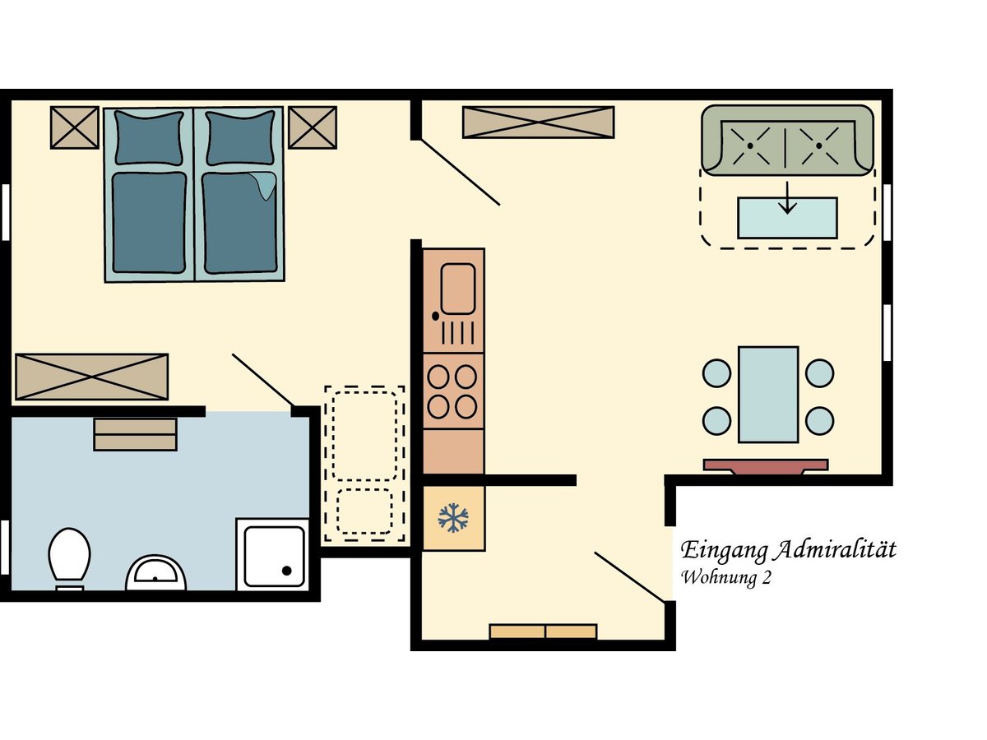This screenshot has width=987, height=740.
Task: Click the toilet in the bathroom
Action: pos(69,558)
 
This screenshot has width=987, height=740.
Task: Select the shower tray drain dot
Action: pos(286,571)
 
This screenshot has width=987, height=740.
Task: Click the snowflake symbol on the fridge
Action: pos(453,518)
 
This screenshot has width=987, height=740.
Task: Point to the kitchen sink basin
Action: pos(458,289)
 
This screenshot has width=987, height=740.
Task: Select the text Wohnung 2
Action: pos(725,577)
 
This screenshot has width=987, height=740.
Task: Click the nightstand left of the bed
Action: pos(75,127)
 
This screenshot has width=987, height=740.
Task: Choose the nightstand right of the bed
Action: pos(313,127)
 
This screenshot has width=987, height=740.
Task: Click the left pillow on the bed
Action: pos(149,138)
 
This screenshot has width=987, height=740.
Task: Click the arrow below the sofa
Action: pos(787,197)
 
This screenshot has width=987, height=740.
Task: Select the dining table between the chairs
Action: pos(768,395)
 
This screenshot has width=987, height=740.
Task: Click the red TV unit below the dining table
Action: pos(766,466)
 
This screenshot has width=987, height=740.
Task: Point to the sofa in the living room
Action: pos(787,140)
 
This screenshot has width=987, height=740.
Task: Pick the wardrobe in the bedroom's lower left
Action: pos(92,377)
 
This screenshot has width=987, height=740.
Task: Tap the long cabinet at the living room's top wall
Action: pos(538,122)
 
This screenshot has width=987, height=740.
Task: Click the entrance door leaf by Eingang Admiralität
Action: pos(629,577)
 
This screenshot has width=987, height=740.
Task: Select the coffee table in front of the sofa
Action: pos(787,218)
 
